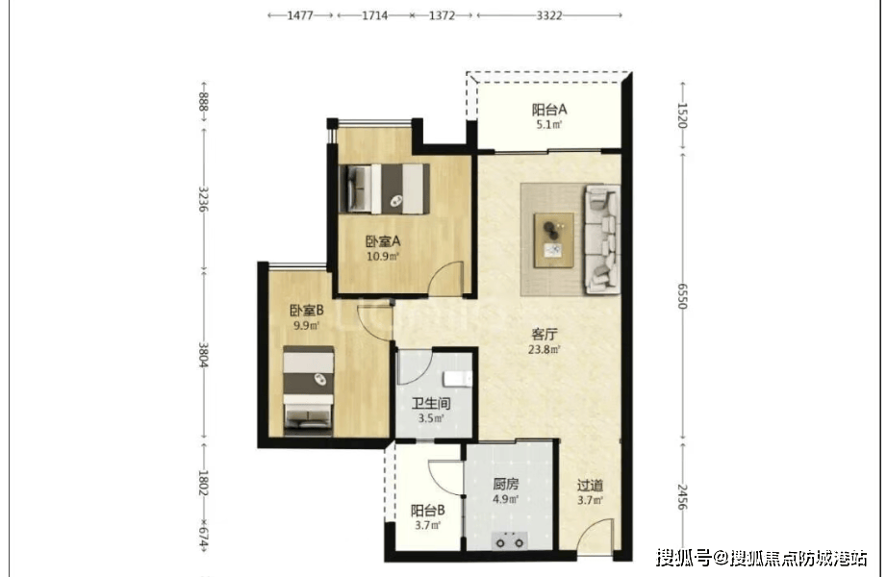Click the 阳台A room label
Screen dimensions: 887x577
click(x=548, y=110)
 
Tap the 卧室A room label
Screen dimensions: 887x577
click(x=383, y=241)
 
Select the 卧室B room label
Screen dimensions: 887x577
click(x=307, y=311)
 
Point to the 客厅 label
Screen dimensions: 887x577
click(x=545, y=335)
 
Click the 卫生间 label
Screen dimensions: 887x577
click(x=431, y=403)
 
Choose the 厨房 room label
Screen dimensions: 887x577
click(x=505, y=485)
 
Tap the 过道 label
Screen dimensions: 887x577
click(x=590, y=486)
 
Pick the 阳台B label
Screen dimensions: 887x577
click(x=428, y=511)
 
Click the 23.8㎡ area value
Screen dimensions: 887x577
click(x=545, y=350)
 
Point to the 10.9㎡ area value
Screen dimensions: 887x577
click(x=383, y=257)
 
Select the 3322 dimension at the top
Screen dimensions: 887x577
click(x=549, y=15)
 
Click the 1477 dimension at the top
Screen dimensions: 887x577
click(x=300, y=15)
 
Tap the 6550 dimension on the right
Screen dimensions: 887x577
click(x=682, y=296)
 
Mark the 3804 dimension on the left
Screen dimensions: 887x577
click(x=204, y=355)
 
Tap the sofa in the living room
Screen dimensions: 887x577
click(x=602, y=238)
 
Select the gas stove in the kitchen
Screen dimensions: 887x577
click(x=509, y=540)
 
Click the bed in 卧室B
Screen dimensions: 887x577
click(x=308, y=390)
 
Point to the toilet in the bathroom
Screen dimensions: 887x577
click(x=458, y=379)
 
